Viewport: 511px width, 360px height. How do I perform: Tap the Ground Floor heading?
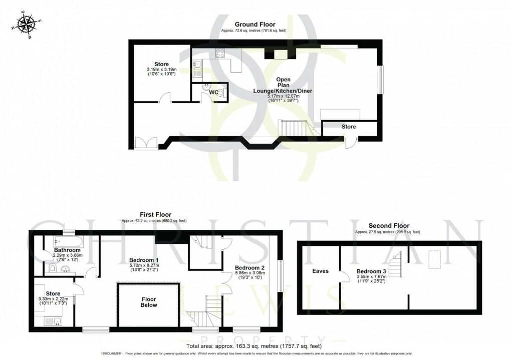(255, 25)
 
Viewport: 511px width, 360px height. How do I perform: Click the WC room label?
(213, 92)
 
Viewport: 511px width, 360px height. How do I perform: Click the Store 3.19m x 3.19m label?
(161, 68)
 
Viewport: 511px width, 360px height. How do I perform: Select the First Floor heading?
(154, 214)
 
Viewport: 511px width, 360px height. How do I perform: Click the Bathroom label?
(68, 250)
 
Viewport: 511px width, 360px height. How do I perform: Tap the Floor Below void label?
(149, 301)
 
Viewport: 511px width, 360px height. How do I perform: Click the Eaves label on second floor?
(320, 271)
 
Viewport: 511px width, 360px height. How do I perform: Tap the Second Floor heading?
(388, 226)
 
